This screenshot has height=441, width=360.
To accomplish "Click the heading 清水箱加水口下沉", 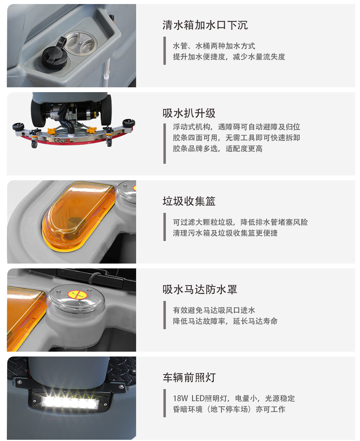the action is pyautogui.click(x=205, y=25).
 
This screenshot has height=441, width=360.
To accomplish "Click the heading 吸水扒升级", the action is pyautogui.click(x=189, y=113).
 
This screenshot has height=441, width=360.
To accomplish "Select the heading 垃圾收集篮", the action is pyautogui.click(x=189, y=201).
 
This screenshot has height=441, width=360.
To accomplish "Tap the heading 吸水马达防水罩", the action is pyautogui.click(x=200, y=289).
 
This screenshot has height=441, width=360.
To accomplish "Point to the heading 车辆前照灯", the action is pyautogui.click(x=189, y=377).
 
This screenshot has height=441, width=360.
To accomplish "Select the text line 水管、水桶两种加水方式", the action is pyautogui.click(x=214, y=46).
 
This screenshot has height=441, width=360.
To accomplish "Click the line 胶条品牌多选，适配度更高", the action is pyautogui.click(x=217, y=148).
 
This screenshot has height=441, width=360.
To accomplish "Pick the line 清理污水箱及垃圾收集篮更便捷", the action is pyautogui.click(x=225, y=233).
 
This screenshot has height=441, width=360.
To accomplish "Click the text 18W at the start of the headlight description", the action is pyautogui.click(x=180, y=398).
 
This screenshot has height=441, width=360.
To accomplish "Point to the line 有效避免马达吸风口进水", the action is pyautogui.click(x=214, y=310).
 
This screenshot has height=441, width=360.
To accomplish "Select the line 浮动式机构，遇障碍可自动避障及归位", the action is pyautogui.click(x=236, y=127).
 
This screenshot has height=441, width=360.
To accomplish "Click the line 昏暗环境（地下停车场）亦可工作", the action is pyautogui.click(x=229, y=409).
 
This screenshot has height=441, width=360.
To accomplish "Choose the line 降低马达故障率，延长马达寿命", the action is pyautogui.click(x=225, y=321).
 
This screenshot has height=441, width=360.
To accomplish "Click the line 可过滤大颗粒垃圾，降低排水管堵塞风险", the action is pyautogui.click(x=240, y=222).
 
